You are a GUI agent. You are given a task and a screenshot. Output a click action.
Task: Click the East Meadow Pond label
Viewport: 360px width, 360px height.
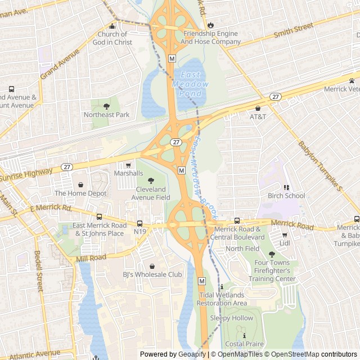(193, 84)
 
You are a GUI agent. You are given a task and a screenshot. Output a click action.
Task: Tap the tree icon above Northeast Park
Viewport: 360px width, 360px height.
(107, 105)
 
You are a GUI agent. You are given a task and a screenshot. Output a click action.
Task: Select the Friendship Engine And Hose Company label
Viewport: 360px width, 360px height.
(211, 38)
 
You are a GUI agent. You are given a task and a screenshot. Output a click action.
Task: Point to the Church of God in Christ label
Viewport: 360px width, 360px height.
(112, 38)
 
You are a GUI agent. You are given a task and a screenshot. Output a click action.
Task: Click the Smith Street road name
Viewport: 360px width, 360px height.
(293, 30)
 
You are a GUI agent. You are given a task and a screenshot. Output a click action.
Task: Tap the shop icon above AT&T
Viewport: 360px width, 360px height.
(258, 108)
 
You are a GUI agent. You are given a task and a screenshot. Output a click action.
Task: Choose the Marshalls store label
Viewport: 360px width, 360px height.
(128, 173)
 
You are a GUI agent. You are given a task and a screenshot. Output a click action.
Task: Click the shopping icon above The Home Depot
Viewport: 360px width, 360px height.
(80, 184)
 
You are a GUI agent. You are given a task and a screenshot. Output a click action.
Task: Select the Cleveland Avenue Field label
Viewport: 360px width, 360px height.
(151, 194)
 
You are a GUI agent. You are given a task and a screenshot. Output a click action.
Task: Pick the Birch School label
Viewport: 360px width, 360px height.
(286, 196)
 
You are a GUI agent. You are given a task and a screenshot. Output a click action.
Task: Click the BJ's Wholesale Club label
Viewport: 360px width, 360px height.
(152, 274)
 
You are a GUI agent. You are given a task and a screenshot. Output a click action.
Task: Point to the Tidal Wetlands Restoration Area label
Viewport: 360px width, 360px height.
(222, 299)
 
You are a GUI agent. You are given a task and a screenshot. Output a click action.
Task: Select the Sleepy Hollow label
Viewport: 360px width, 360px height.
(231, 318)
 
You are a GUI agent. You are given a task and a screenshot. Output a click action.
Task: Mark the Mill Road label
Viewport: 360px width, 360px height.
(91, 258)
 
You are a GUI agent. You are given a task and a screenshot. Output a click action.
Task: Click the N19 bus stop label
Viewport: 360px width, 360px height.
(140, 231)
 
